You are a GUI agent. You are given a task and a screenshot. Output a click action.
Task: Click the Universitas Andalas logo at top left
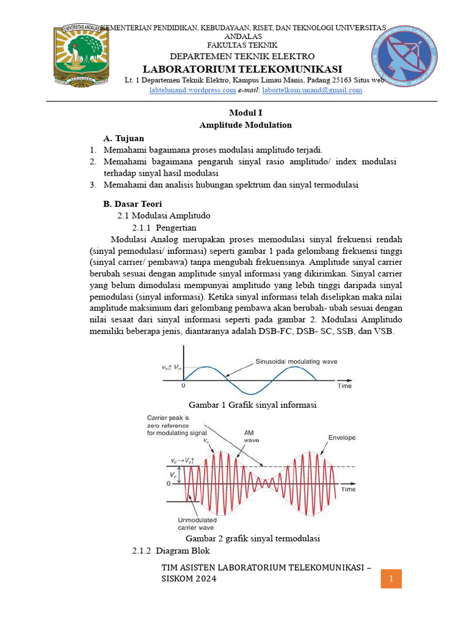click(x=81, y=54)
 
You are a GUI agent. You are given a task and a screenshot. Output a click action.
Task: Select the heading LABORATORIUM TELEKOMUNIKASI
click(x=242, y=68)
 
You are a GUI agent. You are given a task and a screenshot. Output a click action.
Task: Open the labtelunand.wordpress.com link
click(x=193, y=90)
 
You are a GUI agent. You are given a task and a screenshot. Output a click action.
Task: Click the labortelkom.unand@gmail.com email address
click(x=312, y=90)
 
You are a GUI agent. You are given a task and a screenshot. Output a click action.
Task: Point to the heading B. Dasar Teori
click(x=133, y=203)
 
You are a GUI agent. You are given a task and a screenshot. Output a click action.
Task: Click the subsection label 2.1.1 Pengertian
click(x=164, y=227)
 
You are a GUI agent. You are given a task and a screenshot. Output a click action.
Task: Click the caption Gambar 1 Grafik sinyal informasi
click(x=252, y=404)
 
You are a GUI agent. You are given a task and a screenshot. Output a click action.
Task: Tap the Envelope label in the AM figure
click(x=341, y=438)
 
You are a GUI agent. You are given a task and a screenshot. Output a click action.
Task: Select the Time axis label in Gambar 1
click(x=345, y=386)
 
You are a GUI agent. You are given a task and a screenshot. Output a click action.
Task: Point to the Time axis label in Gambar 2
click(x=348, y=489)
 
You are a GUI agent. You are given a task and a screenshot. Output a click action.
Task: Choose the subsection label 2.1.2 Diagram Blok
click(x=163, y=551)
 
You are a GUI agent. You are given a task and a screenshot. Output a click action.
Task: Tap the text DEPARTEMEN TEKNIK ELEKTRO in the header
click(x=242, y=56)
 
